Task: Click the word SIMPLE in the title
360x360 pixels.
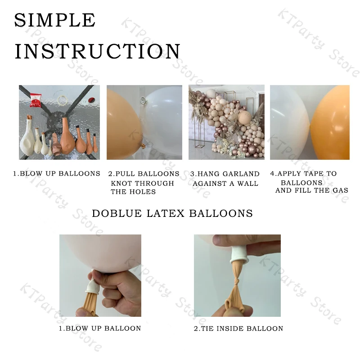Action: pyautogui.click(x=54, y=20)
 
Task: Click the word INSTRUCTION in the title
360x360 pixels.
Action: pyautogui.click(x=97, y=51)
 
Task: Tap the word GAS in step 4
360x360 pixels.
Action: pyautogui.click(x=340, y=190)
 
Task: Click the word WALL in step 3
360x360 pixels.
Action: pyautogui.click(x=248, y=183)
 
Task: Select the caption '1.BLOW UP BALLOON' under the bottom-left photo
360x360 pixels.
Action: pyautogui.click(x=100, y=328)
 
